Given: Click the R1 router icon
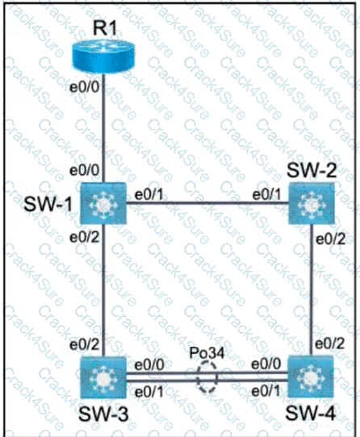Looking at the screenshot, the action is pyautogui.click(x=103, y=57).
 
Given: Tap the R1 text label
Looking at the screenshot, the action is pyautogui.click(x=105, y=28).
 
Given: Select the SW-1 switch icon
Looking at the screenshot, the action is pyautogui.click(x=103, y=203).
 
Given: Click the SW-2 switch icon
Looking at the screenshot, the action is pyautogui.click(x=311, y=203).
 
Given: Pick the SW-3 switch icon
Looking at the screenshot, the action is pyautogui.click(x=103, y=377).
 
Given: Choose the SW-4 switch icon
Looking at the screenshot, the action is pyautogui.click(x=311, y=377).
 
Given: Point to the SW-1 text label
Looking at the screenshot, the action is pyautogui.click(x=48, y=204).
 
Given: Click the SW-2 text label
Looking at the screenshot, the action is pyautogui.click(x=311, y=170).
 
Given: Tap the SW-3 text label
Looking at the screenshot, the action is pyautogui.click(x=103, y=414).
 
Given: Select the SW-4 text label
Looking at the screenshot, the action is pyautogui.click(x=310, y=413).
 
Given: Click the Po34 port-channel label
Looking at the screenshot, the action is pyautogui.click(x=207, y=353).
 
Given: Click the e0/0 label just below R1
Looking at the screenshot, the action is pyautogui.click(x=84, y=88).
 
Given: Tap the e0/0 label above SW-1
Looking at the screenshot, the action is pyautogui.click(x=84, y=170).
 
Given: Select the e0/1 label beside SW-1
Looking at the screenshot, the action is pyautogui.click(x=149, y=195).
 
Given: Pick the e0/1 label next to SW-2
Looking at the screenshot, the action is pyautogui.click(x=267, y=195).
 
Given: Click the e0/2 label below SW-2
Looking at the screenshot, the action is pyautogui.click(x=330, y=239).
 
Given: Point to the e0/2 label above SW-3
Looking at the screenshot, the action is pyautogui.click(x=84, y=344).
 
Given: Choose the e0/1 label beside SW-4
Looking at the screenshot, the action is pyautogui.click(x=266, y=391).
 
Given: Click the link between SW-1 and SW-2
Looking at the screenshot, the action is pyautogui.click(x=207, y=203).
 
